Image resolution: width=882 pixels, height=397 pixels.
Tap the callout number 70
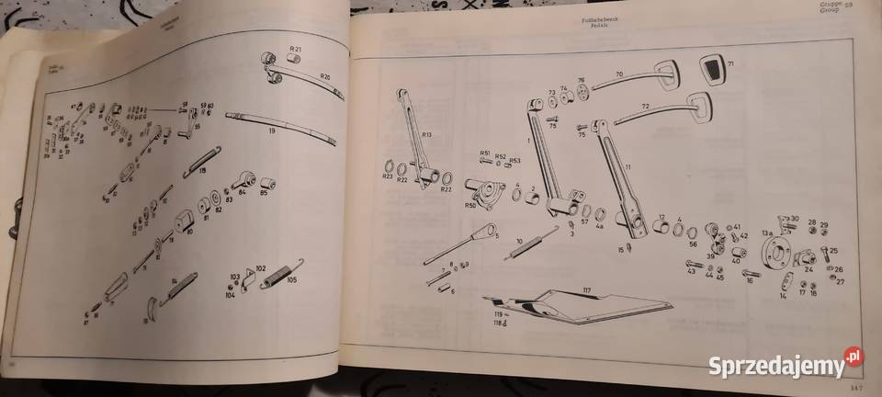click(619, 74)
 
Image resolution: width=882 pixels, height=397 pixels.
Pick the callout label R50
click(469, 206)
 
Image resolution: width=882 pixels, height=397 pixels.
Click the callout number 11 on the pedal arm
click(628, 167)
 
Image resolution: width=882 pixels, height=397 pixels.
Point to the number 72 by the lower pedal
click(646, 108)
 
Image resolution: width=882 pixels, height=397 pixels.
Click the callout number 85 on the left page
click(265, 193)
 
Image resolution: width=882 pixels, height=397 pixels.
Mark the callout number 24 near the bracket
click(808, 270)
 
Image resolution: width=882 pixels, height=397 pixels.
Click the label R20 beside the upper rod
click(325, 78)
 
